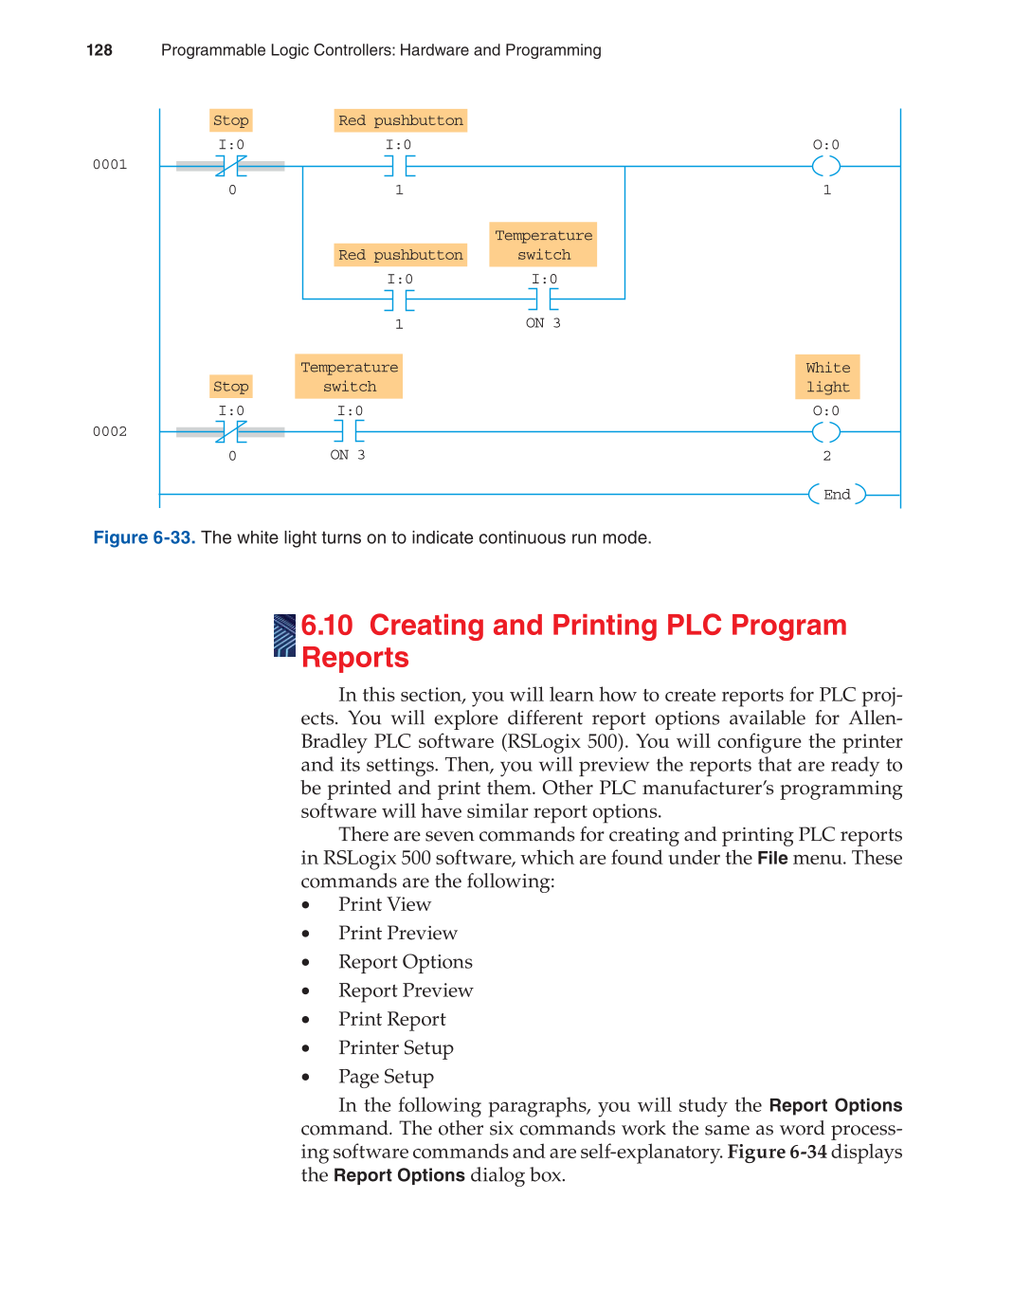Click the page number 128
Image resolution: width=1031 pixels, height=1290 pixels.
[99, 50]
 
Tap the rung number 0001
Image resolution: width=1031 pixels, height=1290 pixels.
[110, 165]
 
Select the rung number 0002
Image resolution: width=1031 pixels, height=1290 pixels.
[110, 432]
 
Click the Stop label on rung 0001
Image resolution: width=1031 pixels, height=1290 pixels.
[231, 120]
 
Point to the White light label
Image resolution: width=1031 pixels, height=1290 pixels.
[827, 377]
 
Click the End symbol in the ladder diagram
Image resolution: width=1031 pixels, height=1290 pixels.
[837, 494]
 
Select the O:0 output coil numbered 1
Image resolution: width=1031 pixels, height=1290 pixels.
[826, 167]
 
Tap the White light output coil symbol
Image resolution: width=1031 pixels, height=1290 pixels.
[826, 432]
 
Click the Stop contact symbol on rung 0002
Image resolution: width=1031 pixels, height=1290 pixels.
[231, 432]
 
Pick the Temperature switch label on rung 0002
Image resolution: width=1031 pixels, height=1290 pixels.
[349, 377]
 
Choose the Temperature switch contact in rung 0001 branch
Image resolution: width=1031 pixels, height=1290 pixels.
[544, 300]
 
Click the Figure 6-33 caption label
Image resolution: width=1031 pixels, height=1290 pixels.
[144, 538]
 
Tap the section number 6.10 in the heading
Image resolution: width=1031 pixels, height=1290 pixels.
[327, 626]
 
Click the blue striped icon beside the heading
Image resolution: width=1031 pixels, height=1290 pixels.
[284, 635]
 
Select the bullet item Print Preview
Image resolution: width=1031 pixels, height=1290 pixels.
[398, 934]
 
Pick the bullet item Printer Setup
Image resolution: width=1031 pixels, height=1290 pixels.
[396, 1048]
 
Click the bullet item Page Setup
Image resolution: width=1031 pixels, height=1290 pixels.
[386, 1077]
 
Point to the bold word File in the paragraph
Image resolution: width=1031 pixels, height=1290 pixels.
[772, 859]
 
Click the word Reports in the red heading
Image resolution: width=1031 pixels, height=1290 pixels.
[355, 658]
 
